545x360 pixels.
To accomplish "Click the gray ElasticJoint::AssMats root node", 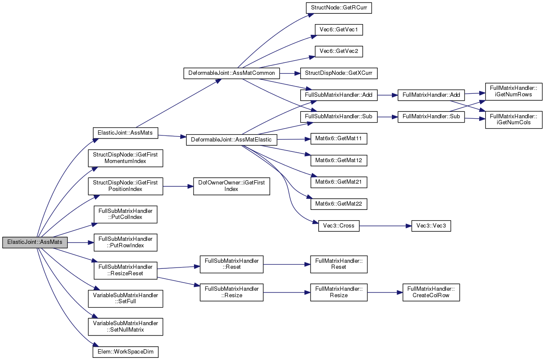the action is click(35, 242).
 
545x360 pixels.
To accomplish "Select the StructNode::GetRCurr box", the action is click(339, 8).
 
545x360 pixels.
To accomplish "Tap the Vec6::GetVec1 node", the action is click(339, 30).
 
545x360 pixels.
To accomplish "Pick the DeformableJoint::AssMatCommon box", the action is click(231, 73).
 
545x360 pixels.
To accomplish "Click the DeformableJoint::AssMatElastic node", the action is click(231, 140).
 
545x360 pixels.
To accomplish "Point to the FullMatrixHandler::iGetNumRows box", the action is click(514, 92).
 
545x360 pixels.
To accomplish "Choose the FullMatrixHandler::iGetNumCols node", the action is click(514, 120).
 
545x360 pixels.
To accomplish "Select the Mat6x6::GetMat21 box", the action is click(339, 182).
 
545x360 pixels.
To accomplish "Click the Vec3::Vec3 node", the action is click(431, 226).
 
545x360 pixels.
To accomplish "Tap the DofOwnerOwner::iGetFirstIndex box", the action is click(231, 186).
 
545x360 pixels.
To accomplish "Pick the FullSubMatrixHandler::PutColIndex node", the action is click(126, 214).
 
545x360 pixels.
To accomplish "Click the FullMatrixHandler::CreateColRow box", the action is click(431, 292).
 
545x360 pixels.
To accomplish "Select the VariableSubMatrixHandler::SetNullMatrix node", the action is click(126, 327).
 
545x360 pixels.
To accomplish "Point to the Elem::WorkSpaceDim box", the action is click(126, 352).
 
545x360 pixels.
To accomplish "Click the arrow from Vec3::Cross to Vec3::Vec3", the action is click(385, 226).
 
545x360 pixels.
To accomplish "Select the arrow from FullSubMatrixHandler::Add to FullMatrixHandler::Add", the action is click(388, 95).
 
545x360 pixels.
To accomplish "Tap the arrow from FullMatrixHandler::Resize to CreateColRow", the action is click(385, 292).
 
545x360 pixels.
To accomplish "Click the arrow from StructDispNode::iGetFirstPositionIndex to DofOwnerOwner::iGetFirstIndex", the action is click(178, 186).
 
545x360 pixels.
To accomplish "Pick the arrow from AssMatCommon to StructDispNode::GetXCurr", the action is click(290, 73).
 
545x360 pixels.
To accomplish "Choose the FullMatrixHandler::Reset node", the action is click(339, 264).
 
